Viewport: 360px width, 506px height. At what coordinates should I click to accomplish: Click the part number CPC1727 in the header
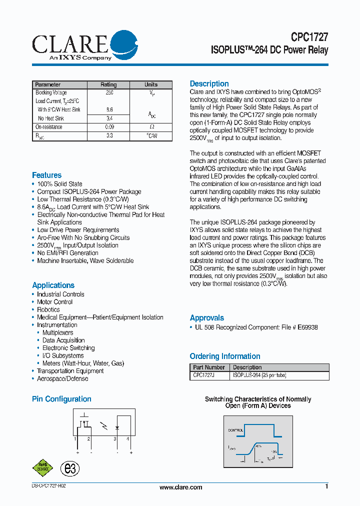pos(309,37)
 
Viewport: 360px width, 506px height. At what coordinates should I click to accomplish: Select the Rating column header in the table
pos(108,84)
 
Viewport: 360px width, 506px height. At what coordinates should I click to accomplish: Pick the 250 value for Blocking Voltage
pos(109,93)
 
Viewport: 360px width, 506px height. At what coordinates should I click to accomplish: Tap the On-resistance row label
pos(49,127)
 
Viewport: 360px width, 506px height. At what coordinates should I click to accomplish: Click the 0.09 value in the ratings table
pos(109,127)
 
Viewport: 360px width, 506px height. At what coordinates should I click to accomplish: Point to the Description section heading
pos(209,83)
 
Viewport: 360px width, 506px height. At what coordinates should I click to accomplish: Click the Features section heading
pos(46,175)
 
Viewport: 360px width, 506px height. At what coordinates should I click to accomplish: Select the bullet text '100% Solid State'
pos(59,184)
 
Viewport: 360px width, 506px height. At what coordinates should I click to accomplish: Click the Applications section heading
pos(53,285)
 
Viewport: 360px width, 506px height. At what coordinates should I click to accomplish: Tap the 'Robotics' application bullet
pos(48,309)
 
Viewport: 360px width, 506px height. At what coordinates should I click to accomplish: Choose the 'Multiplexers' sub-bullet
pos(57,332)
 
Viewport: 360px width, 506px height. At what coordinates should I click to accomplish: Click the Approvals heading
pos(206,317)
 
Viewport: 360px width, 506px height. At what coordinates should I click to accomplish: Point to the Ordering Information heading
pos(224,356)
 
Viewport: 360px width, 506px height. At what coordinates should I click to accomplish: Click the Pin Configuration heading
pos(61,399)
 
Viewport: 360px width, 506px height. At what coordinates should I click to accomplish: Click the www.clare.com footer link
pos(180,487)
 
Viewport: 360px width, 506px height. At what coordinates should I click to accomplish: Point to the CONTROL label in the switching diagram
pos(235,430)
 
